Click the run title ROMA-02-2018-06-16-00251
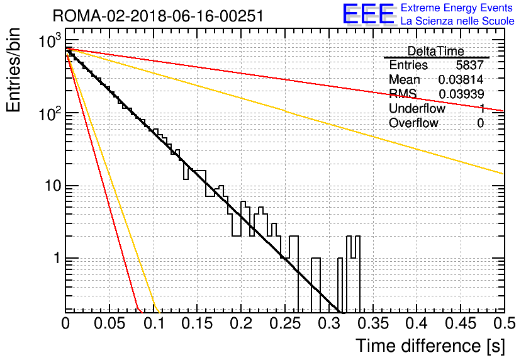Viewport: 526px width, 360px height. click(158, 16)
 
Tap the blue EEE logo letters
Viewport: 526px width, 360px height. click(368, 14)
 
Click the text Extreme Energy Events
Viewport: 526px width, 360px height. click(457, 8)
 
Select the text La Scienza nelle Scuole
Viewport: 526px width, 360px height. click(457, 21)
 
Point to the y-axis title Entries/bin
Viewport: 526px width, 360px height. click(13, 70)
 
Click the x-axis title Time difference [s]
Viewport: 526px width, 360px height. click(430, 346)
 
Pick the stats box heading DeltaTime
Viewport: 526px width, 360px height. click(435, 52)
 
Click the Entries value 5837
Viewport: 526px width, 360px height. click(469, 65)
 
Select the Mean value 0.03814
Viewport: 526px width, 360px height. click(461, 79)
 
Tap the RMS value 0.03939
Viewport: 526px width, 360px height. click(461, 94)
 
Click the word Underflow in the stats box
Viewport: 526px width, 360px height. click(417, 108)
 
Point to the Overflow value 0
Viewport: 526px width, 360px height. click(480, 123)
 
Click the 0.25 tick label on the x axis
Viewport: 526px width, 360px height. click(285, 323)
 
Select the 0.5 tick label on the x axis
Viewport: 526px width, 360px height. click(504, 323)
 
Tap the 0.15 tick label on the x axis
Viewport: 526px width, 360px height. click(197, 323)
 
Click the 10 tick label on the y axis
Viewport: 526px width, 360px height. click(53, 186)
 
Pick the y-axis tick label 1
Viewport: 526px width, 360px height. click(57, 258)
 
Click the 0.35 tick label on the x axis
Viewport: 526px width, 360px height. click(372, 323)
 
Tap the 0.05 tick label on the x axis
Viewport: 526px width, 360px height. click(109, 323)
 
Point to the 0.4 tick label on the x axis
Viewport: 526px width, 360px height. click(417, 323)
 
